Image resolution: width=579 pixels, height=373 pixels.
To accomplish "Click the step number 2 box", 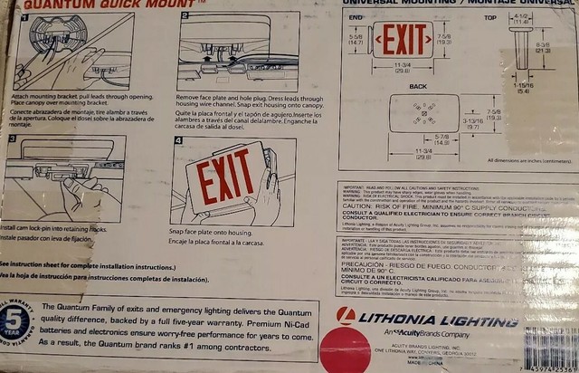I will click(185, 16).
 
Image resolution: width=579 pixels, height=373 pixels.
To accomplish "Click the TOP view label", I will click(491, 16).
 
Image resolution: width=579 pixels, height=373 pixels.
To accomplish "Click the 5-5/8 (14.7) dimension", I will click(356, 39).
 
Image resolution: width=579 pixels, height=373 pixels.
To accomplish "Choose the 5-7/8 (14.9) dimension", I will click(416, 139).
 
